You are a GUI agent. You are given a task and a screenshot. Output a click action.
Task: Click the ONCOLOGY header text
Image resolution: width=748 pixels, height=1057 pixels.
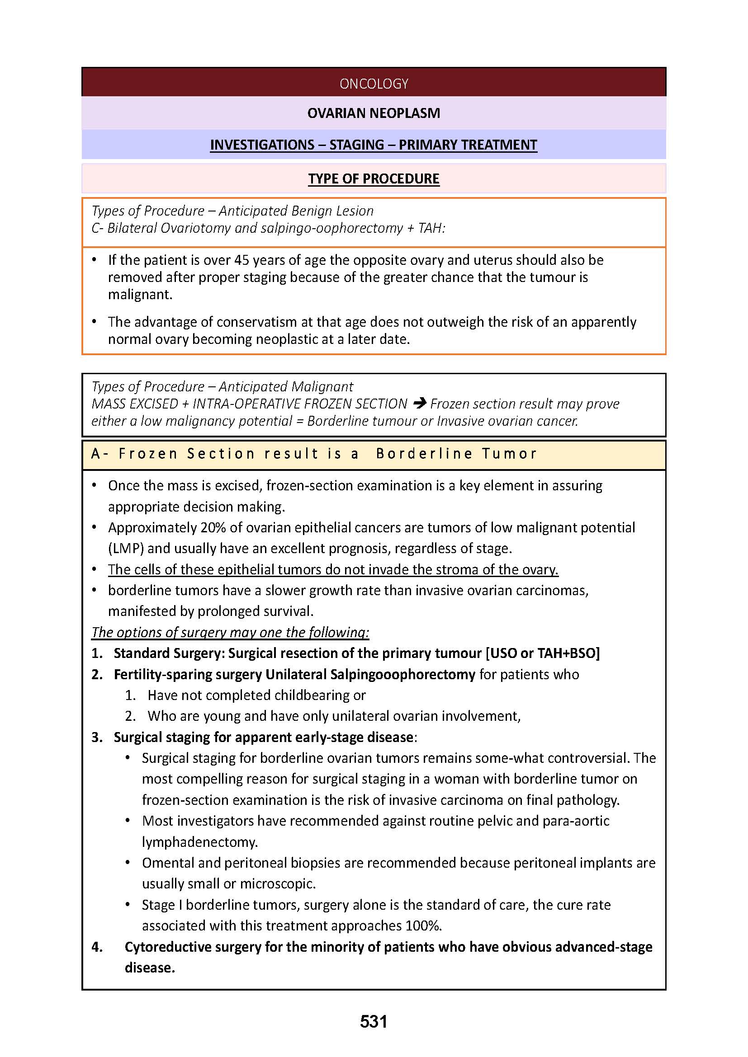[374, 84]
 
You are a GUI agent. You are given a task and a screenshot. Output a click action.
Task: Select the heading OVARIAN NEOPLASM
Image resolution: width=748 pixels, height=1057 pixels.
[374, 113]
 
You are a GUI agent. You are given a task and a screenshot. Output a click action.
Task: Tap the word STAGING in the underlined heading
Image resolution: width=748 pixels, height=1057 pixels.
[356, 145]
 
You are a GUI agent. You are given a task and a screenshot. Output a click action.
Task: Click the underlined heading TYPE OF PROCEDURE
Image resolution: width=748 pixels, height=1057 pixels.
[374, 179]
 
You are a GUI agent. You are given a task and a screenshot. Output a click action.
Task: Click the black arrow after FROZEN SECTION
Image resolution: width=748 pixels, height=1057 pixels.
[420, 404]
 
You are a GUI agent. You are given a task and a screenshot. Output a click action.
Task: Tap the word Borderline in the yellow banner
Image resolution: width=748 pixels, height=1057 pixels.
[424, 454]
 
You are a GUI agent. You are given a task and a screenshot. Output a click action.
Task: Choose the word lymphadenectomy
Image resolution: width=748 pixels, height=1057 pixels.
[199, 842]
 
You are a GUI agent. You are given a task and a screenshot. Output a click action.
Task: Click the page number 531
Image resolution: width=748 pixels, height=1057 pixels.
[374, 1022]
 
